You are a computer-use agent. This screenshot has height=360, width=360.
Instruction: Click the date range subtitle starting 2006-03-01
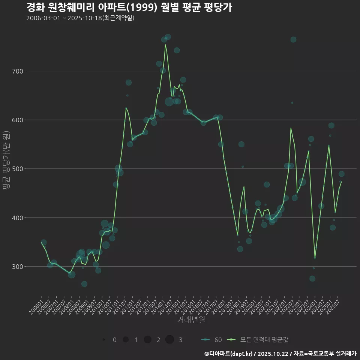(80, 18)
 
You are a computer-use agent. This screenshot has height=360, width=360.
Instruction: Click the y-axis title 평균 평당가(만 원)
(6, 161)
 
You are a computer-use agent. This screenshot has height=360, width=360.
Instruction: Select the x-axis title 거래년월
(191, 320)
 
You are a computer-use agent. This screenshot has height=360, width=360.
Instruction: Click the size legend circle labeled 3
(169, 340)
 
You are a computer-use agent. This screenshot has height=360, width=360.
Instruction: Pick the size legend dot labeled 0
(103, 340)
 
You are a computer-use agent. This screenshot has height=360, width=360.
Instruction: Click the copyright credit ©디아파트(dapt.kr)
(228, 354)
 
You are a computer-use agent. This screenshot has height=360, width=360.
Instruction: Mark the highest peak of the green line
(165, 45)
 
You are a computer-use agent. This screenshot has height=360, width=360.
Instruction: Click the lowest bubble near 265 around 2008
(84, 284)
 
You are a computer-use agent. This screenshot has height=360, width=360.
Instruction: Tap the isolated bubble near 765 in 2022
(293, 40)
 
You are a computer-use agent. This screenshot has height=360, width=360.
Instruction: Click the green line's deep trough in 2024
(315, 258)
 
